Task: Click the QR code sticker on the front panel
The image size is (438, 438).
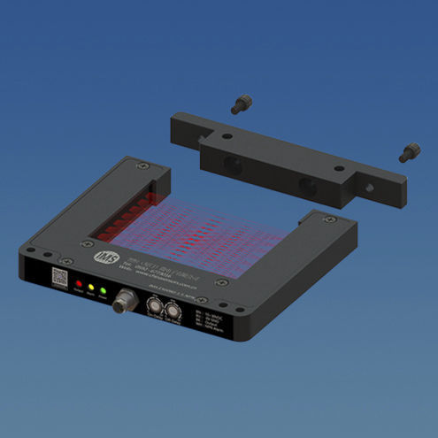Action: (59, 276)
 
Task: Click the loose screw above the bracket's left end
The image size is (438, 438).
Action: (238, 105)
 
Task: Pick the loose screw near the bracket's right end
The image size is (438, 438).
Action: (406, 153)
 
